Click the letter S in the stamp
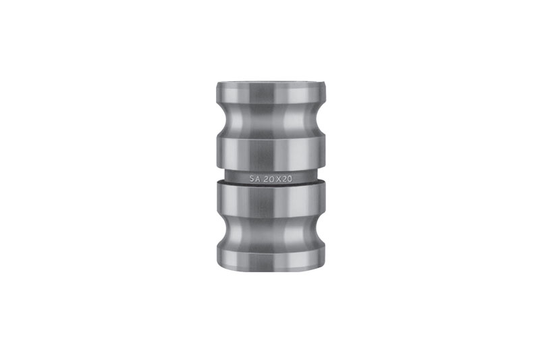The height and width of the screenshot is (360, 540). pos(252,179)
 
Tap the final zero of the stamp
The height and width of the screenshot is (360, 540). pos(290,179)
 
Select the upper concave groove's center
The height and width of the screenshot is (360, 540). pos(271,120)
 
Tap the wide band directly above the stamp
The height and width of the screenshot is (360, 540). pos(271,153)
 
